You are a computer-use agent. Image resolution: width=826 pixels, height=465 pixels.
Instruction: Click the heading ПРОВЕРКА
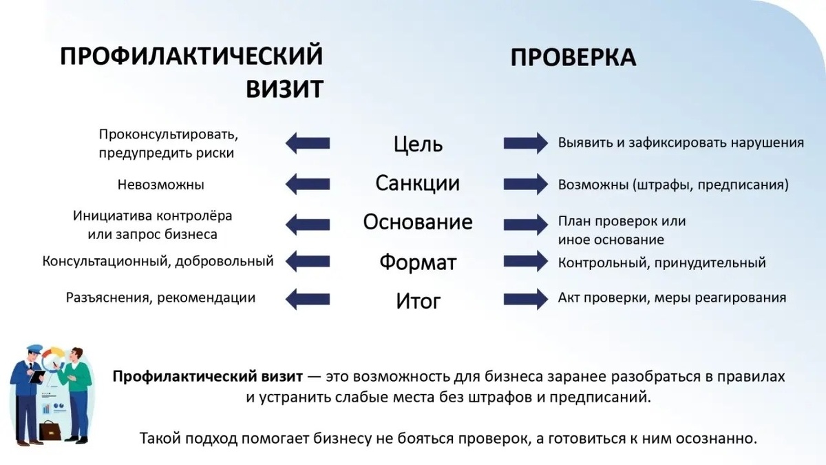(573, 58)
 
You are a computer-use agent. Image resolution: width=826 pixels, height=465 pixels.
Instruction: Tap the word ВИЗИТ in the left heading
(284, 89)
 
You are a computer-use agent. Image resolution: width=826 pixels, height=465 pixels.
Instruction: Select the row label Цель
(418, 144)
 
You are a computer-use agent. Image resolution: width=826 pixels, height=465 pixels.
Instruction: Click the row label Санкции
(417, 183)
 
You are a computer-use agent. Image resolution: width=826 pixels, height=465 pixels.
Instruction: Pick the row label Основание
(418, 223)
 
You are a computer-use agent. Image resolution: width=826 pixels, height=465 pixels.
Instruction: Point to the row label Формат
(418, 262)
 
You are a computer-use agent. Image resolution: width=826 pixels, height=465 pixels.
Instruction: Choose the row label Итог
(418, 301)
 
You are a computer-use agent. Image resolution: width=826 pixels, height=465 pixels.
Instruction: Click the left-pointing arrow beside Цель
(307, 143)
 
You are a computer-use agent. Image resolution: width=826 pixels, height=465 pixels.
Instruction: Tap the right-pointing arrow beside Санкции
(525, 184)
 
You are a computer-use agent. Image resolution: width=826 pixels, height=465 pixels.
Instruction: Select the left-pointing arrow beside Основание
(307, 223)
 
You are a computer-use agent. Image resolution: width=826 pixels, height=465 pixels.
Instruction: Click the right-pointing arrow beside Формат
(525, 262)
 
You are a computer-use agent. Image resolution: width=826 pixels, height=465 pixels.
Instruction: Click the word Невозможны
(161, 185)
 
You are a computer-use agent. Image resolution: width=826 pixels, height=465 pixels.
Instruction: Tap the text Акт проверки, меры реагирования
(672, 298)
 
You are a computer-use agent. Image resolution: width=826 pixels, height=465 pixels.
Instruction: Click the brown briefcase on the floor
(51, 431)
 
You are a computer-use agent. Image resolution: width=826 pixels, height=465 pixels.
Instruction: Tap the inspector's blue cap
(32, 350)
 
